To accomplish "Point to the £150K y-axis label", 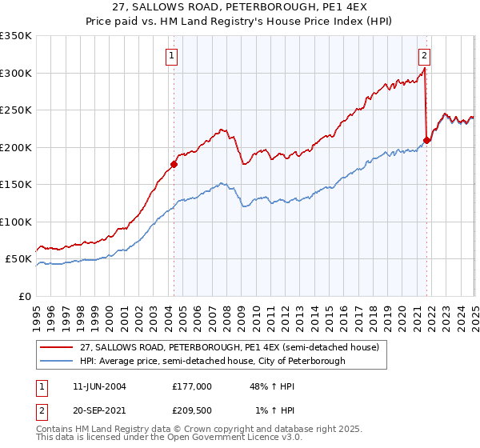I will (16, 184).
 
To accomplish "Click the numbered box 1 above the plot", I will (173, 55).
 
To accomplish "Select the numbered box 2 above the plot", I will (424, 55).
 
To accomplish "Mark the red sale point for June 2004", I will (174, 165).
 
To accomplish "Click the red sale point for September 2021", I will (426, 140).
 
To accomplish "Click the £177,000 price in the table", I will (191, 386).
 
